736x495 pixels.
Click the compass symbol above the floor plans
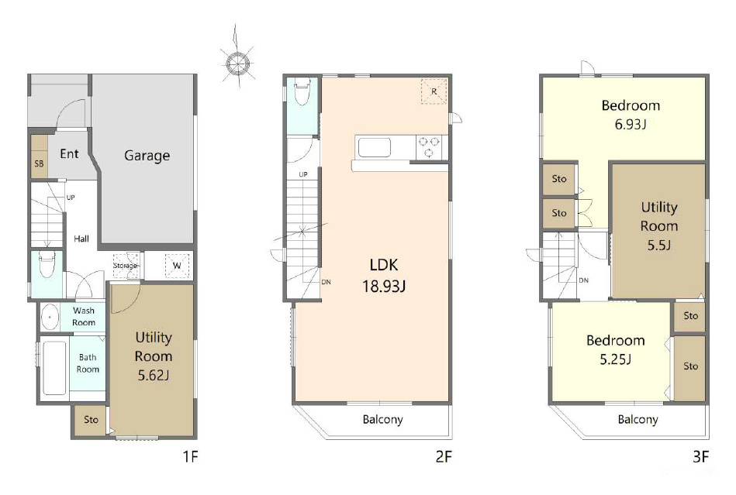point(237,63)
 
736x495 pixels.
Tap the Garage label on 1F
point(147,156)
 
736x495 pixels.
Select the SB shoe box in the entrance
point(40,156)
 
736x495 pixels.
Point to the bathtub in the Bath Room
point(54,368)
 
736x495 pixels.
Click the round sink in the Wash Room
point(50,318)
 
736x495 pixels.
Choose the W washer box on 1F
point(177,266)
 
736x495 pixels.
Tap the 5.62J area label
point(153,376)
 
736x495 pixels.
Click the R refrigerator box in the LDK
point(434,91)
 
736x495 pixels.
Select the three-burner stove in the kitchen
point(429,146)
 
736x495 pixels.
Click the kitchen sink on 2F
point(374,148)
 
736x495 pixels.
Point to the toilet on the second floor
point(302,92)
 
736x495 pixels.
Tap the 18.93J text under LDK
point(383,286)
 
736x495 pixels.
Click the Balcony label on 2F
point(382,419)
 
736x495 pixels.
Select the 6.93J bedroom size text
point(631,125)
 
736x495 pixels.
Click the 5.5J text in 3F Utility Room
point(659,245)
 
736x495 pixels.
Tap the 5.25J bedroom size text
point(615,359)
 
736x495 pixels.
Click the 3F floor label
point(700,456)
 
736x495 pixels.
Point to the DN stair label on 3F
point(583,280)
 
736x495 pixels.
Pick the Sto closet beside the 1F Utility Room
point(91,420)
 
